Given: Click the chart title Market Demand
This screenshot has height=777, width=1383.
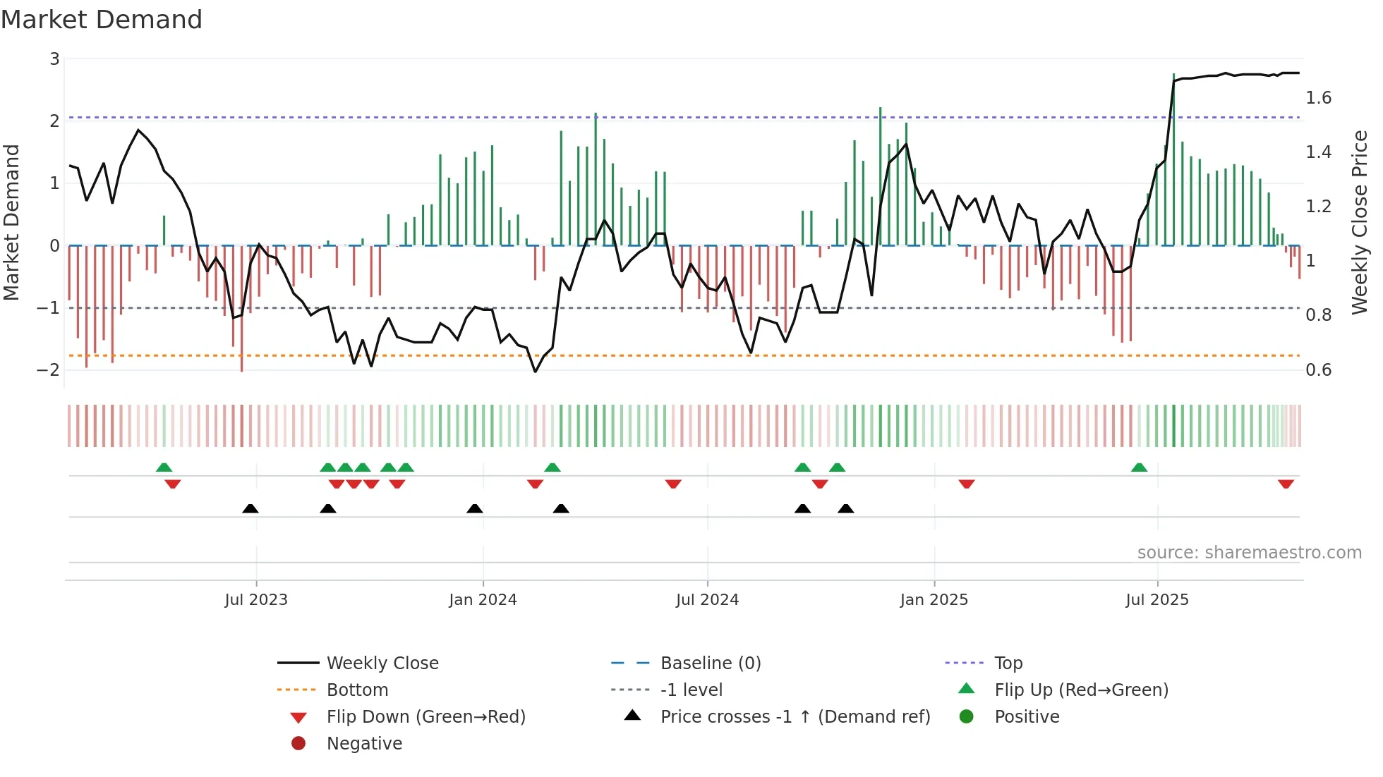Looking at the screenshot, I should coord(102,20).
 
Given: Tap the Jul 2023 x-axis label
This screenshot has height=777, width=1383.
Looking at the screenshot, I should coord(256,600).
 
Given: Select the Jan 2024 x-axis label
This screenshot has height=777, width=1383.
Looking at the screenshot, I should coord(483,600).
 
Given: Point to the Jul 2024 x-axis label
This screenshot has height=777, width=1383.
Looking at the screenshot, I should coord(707,600).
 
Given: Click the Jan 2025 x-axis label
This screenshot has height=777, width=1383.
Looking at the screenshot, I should coord(934,600).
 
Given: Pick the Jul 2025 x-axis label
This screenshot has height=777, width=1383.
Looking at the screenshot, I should coord(1157,600).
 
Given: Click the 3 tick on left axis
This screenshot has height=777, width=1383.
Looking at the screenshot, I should coord(54,59).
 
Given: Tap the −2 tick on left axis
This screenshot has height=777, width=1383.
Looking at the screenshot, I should coord(49,370).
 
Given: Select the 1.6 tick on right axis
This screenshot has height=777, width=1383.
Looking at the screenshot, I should coord(1318,98).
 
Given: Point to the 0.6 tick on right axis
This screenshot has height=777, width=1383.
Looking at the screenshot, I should coord(1318,370).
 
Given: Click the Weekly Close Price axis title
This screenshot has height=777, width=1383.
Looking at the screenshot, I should coord(1359,222).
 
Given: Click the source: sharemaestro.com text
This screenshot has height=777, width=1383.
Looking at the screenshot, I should coord(1249,553).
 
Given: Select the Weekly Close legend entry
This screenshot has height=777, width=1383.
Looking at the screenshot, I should coord(382,663).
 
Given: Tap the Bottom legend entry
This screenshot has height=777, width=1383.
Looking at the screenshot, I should coord(357,690).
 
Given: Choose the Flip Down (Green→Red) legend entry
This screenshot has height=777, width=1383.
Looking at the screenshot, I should coord(425,717).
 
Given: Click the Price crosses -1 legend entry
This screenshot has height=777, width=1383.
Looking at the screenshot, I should coord(795,717).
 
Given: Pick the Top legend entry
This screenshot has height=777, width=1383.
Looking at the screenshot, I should coord(1008,663).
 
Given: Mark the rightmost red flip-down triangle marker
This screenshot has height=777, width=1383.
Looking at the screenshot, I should coord(1286,484).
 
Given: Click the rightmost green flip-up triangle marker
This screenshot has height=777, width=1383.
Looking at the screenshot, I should coord(1139,467).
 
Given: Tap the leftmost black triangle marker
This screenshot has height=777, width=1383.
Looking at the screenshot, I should coord(250,508).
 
